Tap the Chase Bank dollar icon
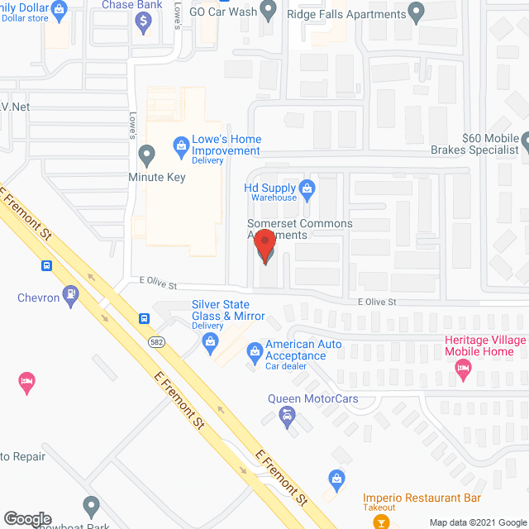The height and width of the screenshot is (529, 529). coord(143,22)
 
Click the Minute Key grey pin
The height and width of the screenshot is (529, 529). coord(146,154)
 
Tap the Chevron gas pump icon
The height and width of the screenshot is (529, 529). coord(73,293)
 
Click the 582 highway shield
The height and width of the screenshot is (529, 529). coord(155,341)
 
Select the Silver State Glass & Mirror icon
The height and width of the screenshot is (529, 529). coord(210,341)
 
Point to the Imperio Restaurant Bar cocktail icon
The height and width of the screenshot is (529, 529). coord(379,521)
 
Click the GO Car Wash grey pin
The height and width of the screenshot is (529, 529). coord(267,10)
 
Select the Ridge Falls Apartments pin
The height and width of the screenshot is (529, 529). coord(417,12)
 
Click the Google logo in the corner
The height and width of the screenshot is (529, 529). coord(26,519)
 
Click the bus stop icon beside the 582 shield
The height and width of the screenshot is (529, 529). coord(144,318)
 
